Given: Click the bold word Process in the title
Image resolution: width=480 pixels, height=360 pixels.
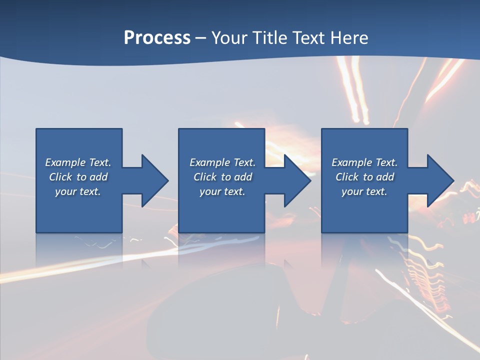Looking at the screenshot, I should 157,38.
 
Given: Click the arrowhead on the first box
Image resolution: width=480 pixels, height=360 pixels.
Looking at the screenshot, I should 152,180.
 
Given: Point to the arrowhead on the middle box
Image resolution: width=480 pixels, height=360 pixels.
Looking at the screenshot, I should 295,180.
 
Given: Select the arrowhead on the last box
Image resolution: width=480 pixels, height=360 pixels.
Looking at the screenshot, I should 438,180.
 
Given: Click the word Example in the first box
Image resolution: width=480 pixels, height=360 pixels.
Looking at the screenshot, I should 65,162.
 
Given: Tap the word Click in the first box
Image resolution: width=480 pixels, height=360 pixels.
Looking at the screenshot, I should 60,177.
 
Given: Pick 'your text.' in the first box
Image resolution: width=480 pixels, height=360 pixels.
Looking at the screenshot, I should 78,191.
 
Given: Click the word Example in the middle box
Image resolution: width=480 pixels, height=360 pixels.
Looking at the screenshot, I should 209,162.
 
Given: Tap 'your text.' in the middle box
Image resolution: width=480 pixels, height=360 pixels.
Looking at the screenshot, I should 222,191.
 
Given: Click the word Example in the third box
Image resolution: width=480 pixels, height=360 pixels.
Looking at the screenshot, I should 351,162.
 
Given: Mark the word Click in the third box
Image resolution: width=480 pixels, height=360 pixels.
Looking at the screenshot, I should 347,177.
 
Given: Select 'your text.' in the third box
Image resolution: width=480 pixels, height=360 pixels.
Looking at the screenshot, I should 364,191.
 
